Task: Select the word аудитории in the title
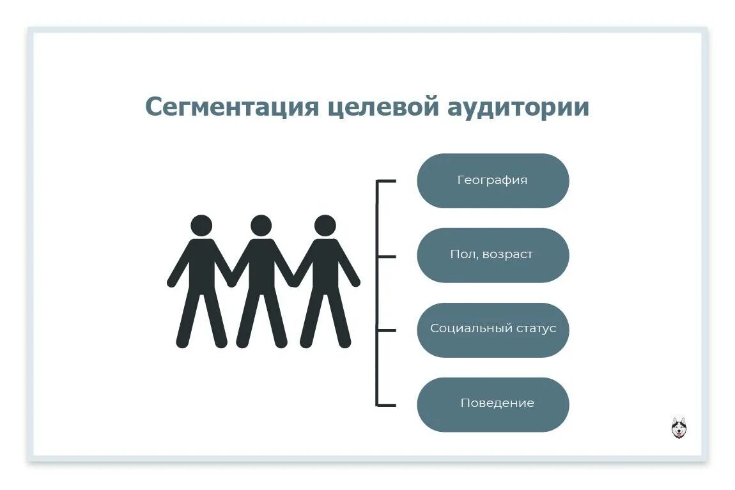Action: point(515,107)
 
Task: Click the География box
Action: point(493,181)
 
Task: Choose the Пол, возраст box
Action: point(493,255)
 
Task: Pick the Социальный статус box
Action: point(493,330)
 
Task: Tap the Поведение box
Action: point(493,404)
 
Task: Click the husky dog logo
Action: point(679,427)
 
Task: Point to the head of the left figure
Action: point(201,226)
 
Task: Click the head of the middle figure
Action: point(261,226)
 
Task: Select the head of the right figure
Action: point(325,226)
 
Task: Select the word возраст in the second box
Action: point(507,255)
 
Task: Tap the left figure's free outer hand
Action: point(171,282)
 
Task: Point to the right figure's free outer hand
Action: point(355,282)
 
